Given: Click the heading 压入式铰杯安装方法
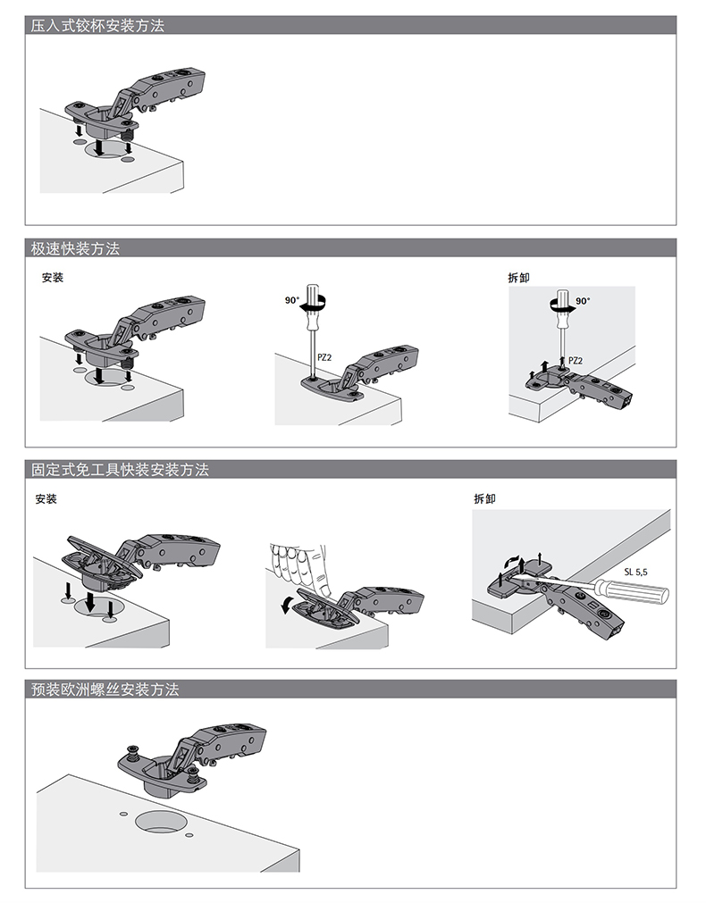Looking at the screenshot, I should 97,26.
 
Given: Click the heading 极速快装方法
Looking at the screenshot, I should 75,249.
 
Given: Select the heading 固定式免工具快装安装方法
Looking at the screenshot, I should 120,470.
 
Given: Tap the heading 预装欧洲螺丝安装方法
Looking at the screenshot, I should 105,690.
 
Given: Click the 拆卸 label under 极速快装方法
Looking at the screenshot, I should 518,278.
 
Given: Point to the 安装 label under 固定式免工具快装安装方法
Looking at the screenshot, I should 46,498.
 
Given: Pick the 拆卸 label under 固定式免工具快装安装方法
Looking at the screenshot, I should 484,498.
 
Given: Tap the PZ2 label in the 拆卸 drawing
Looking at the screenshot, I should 576,361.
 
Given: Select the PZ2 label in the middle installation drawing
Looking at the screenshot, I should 324,356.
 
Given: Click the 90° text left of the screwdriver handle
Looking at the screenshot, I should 291,301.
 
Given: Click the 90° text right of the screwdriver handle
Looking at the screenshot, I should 583,301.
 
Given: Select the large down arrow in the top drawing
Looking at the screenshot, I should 100,144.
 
